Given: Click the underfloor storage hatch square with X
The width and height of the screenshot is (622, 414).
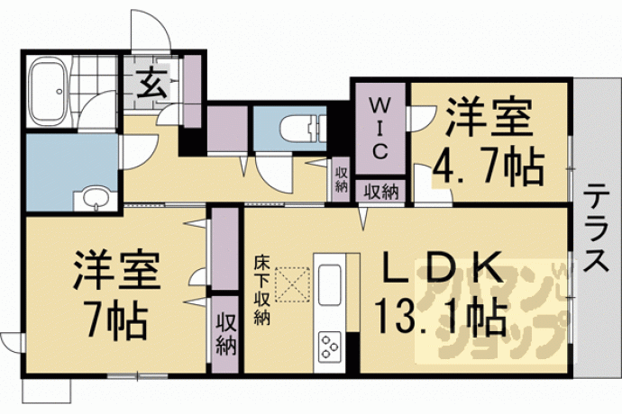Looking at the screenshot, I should (x=290, y=286).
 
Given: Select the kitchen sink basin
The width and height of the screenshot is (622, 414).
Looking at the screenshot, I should (x=330, y=285).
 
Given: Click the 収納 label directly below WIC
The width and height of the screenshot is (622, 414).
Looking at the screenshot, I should (x=381, y=191).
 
